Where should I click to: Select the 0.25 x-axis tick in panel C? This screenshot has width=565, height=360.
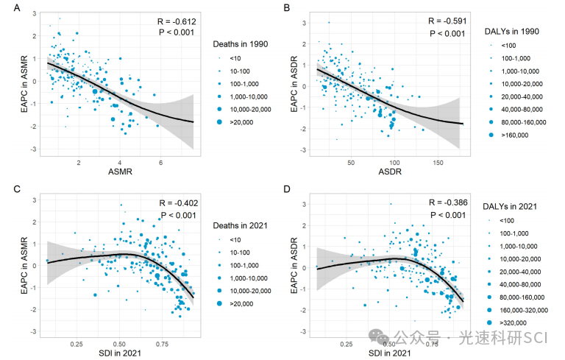[x=77, y=344]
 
